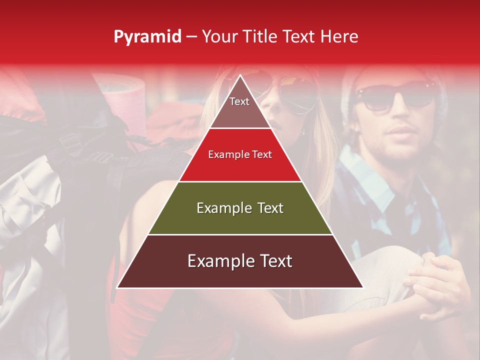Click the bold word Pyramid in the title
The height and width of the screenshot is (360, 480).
(x=147, y=37)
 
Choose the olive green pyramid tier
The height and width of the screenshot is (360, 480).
(x=240, y=208)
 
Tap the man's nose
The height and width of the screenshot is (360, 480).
(x=400, y=112)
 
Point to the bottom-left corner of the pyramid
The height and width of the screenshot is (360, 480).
(x=117, y=287)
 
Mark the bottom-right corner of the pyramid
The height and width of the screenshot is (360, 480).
(x=363, y=287)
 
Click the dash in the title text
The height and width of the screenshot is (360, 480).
(x=191, y=37)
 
